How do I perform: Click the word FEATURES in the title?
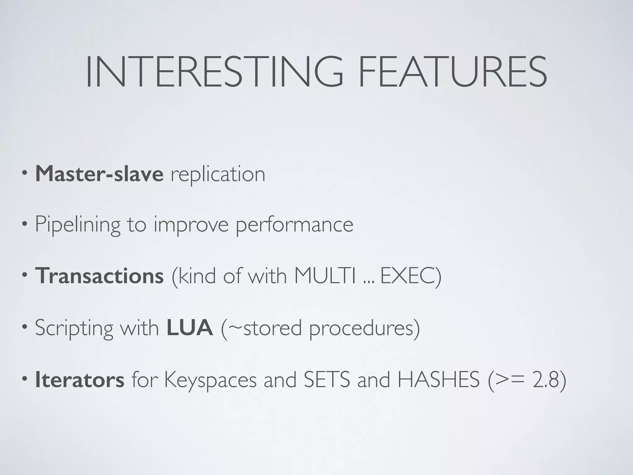452,72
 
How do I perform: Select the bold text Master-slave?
99,174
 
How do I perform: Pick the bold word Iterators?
80,380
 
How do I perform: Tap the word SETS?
327,380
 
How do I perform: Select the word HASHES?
438,380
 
